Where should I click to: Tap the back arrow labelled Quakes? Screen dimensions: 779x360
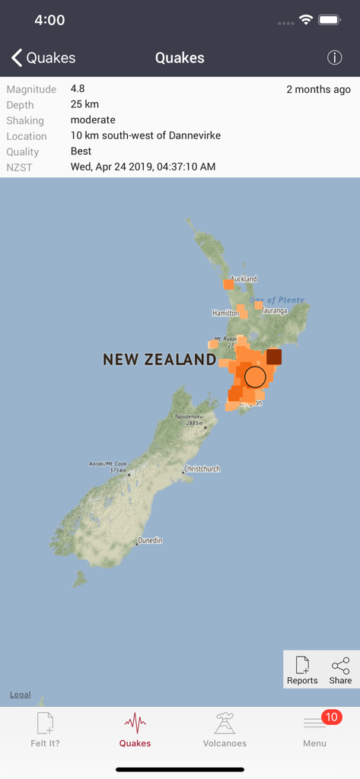pos(43,58)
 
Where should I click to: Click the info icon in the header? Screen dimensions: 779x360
pos(334,58)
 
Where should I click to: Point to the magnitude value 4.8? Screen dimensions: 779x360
pos(78,89)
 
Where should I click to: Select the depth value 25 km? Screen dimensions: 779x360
pos(84,104)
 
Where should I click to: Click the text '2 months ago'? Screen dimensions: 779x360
pos(318,90)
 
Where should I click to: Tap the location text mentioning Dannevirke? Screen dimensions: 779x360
pos(145,135)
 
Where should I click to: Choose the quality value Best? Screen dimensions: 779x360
pos(81,151)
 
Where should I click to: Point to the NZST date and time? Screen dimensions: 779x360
pos(143,167)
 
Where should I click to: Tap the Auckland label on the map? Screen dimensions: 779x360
pos(244,279)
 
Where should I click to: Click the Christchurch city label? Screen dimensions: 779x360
pos(202,469)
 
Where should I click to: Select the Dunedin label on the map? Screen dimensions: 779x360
pos(149,541)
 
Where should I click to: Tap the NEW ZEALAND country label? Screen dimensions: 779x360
pos(159,360)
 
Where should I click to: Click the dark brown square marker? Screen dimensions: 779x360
pos(274,357)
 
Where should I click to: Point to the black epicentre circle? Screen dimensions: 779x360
pos(256,377)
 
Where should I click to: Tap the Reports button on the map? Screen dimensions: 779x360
pos(302,670)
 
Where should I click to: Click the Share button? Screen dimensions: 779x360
pos(340,670)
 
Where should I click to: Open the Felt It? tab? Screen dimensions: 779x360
pos(45,730)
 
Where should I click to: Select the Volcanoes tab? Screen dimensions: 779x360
pos(225,730)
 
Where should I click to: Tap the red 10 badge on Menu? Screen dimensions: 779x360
pos(331,717)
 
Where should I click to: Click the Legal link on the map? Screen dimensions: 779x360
pos(21,695)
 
